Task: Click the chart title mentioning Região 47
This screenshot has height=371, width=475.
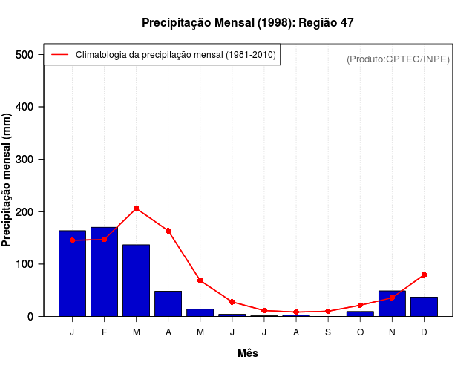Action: pyautogui.click(x=247, y=23)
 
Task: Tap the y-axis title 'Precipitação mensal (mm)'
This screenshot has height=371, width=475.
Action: pyautogui.click(x=7, y=180)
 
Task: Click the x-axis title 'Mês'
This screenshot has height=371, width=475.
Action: pyautogui.click(x=247, y=353)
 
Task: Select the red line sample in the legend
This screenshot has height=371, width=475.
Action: pyautogui.click(x=59, y=54)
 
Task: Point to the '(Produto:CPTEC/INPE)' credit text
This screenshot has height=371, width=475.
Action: pyautogui.click(x=398, y=59)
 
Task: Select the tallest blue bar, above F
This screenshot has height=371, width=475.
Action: pyautogui.click(x=104, y=272)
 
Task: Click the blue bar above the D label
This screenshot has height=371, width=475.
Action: pyautogui.click(x=424, y=306)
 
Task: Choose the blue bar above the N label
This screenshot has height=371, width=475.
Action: pyautogui.click(x=392, y=303)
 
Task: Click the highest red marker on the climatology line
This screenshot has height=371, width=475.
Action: pyautogui.click(x=136, y=209)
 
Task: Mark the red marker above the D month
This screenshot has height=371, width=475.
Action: pyautogui.click(x=424, y=275)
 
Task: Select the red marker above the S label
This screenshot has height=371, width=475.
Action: pyautogui.click(x=328, y=312)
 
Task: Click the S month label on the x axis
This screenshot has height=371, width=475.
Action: pyautogui.click(x=328, y=332)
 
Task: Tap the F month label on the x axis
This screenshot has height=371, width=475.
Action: pyautogui.click(x=104, y=332)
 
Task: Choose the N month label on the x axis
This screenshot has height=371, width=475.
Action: pyautogui.click(x=392, y=332)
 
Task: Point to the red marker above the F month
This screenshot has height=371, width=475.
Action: pyautogui.click(x=104, y=239)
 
